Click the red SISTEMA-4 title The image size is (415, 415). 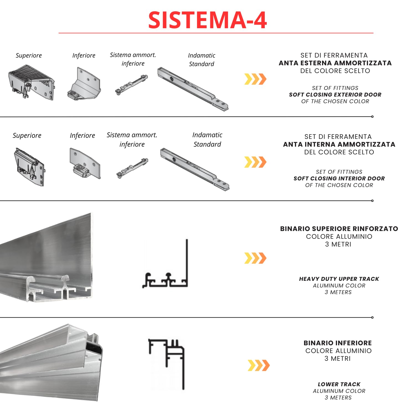point(207,20)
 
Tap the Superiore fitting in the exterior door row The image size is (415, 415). point(31,82)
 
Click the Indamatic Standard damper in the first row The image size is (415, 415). point(193,89)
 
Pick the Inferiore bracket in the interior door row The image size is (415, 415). point(85,164)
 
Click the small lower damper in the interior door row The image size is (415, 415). point(132,168)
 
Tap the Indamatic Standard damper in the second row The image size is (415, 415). point(194,169)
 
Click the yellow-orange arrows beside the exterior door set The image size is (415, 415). point(255,79)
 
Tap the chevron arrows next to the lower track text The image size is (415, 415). point(258,365)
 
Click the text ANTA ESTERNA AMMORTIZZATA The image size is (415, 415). point(335,63)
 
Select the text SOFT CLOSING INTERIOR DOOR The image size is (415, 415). point(339,178)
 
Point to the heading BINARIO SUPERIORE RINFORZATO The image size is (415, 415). point(339,229)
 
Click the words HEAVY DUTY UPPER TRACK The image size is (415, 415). point(339,279)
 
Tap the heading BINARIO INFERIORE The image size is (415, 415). point(338,343)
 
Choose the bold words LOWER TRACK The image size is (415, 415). point(339,384)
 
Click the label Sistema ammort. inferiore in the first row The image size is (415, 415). point(133,59)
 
